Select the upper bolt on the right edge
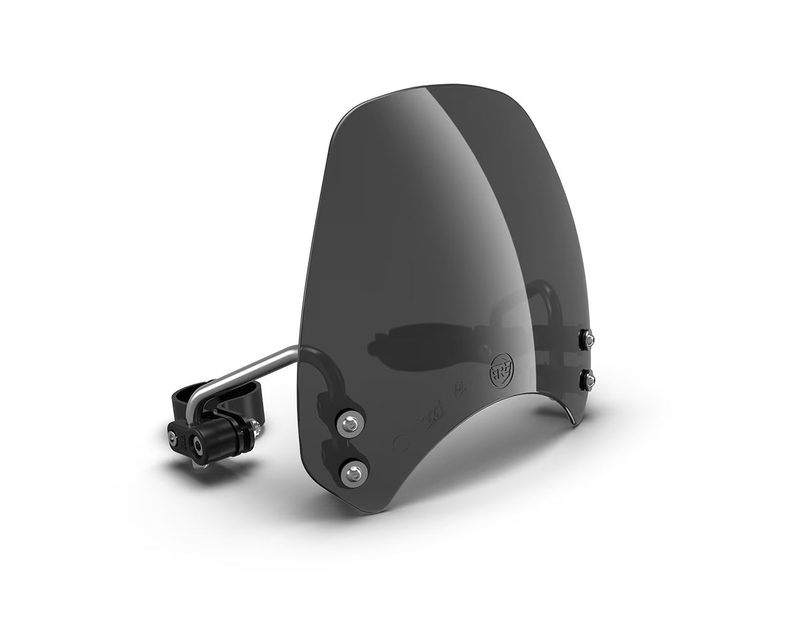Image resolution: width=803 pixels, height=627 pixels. tap(589, 339)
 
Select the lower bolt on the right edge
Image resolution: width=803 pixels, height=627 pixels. tap(589, 377)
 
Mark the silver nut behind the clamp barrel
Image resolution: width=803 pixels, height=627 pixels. tap(257, 428)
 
